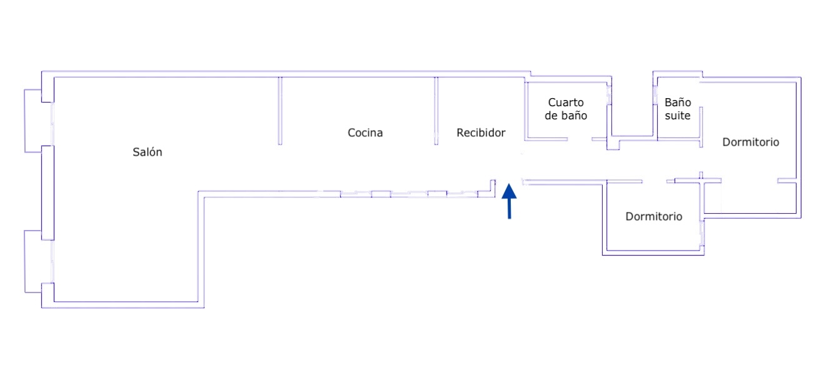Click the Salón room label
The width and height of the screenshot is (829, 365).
tap(148, 152)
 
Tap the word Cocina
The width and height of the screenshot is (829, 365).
tap(365, 132)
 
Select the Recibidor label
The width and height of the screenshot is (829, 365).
tap(481, 132)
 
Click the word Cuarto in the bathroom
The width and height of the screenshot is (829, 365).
tap(566, 102)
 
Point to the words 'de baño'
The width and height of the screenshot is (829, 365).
tap(566, 116)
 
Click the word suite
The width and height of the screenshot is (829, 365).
tap(678, 116)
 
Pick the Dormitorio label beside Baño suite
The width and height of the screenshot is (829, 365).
tap(751, 142)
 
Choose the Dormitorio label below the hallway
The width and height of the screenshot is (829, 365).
tap(654, 217)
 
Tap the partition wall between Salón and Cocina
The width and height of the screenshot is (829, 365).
tap(280, 111)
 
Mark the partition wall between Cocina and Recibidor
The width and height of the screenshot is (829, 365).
tap(436, 111)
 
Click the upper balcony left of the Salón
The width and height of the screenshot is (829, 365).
tap(33, 121)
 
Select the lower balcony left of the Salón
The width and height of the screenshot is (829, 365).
tap(33, 261)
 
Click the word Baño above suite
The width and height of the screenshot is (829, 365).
tap(678, 102)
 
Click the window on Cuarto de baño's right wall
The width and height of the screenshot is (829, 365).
tap(608, 95)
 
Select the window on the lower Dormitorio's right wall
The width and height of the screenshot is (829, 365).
tap(702, 235)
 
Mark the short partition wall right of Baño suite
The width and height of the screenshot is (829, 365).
tap(701, 122)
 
